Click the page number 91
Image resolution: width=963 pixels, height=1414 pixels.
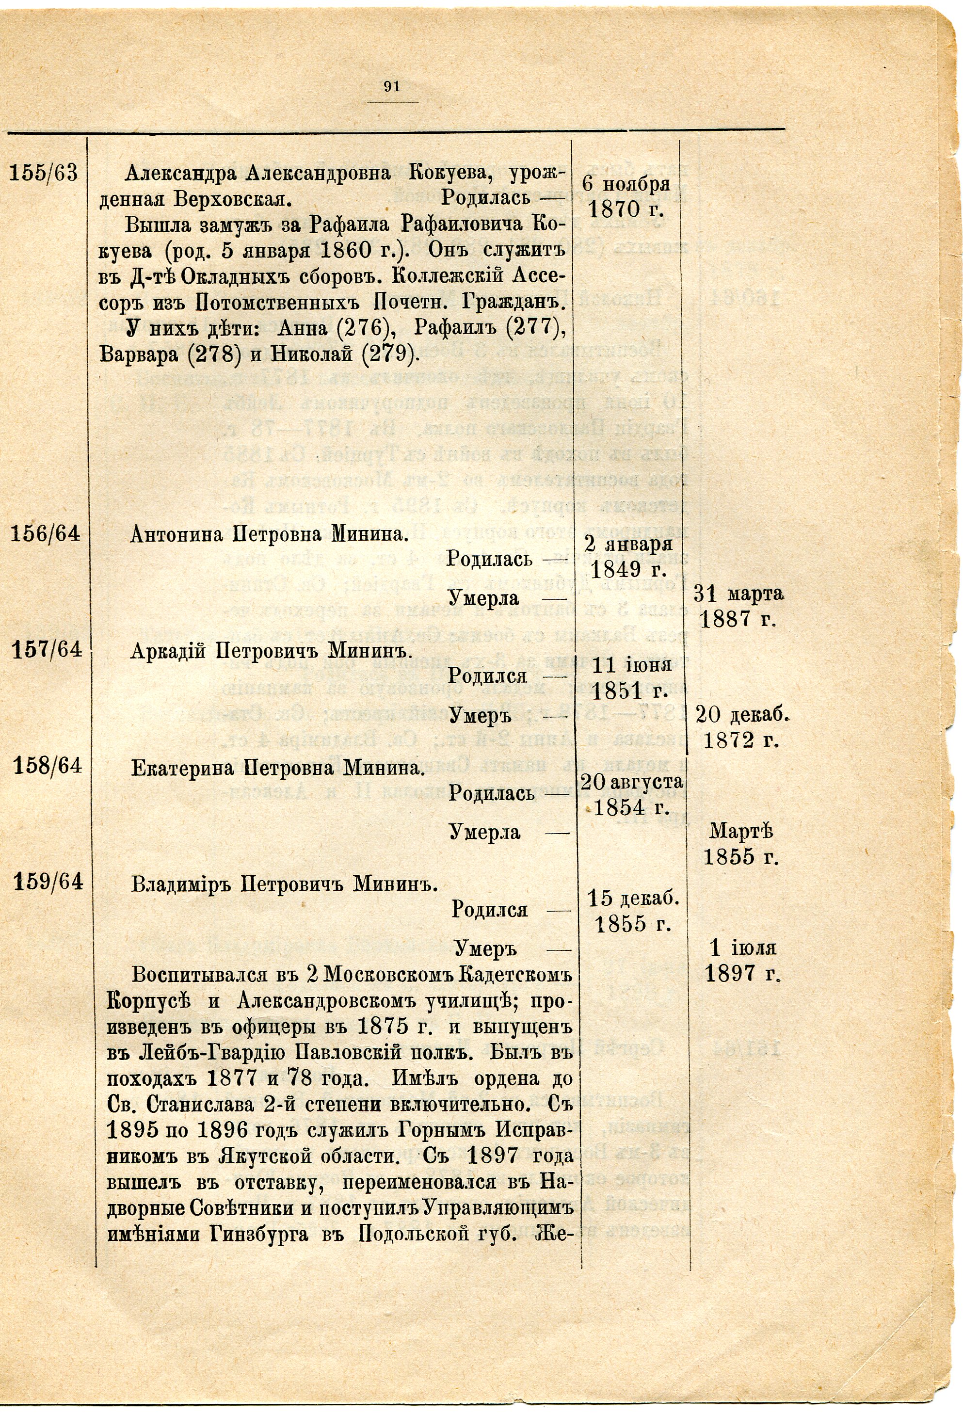(392, 86)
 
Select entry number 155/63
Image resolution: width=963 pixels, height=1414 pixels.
(44, 174)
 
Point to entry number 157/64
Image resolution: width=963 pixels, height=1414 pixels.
(47, 650)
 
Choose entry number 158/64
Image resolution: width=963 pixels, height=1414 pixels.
(48, 765)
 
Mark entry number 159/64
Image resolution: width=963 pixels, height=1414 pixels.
(48, 882)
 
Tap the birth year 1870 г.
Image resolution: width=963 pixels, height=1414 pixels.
(626, 210)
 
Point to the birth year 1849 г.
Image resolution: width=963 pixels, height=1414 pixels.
(628, 569)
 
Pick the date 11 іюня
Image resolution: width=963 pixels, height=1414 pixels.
(631, 664)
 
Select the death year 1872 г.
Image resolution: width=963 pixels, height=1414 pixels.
(741, 740)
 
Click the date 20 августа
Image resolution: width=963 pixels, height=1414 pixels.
(632, 781)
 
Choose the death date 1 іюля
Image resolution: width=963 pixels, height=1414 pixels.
(743, 948)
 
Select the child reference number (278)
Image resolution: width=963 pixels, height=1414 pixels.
(212, 354)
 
